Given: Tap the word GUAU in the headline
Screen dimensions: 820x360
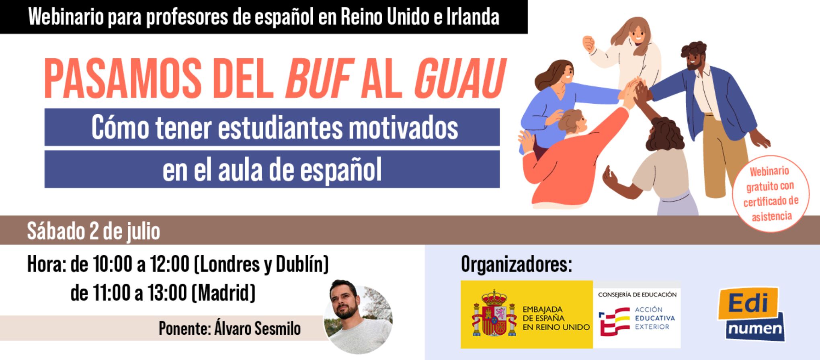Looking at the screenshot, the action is [x=459, y=78].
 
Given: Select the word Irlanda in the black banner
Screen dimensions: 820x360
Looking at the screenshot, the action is [x=473, y=17].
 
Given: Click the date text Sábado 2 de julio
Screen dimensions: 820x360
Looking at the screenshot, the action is [x=93, y=231].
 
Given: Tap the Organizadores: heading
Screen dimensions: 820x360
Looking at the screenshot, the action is [x=516, y=264].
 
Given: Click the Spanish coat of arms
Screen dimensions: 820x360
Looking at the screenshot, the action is [x=494, y=313].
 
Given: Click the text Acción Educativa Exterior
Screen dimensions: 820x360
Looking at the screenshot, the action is [x=655, y=318].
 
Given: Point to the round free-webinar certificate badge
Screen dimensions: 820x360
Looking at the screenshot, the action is [x=771, y=194].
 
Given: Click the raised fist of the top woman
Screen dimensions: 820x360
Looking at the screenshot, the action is [x=588, y=43].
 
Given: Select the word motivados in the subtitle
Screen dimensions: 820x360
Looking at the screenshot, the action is [x=403, y=128].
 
